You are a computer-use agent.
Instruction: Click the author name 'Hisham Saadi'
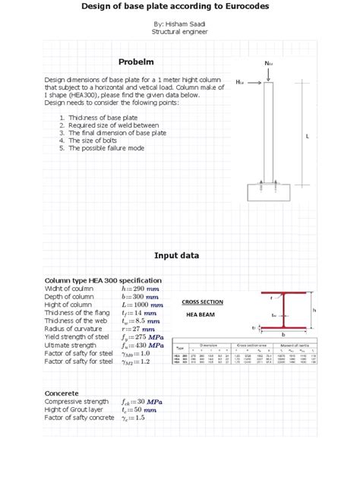pyautogui.click(x=179, y=24)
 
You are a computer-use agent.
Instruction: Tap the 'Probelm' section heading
pyautogui.click(x=136, y=62)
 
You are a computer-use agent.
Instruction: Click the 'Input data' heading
pyautogui.click(x=176, y=255)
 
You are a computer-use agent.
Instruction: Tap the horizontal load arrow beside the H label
pyautogui.click(x=254, y=81)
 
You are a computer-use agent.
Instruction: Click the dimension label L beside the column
pyautogui.click(x=307, y=136)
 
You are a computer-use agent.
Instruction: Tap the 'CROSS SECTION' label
pyautogui.click(x=202, y=302)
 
